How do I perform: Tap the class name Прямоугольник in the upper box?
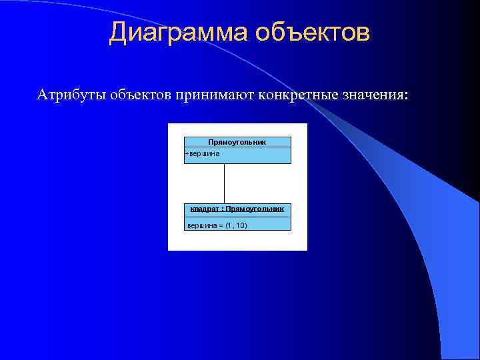237,142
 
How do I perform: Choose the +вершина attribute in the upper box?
202,153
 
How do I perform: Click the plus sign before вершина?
186,153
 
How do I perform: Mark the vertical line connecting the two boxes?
225,183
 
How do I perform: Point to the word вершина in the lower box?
201,225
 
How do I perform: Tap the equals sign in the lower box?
220,225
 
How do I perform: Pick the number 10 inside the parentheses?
240,225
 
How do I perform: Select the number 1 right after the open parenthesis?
229,225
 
